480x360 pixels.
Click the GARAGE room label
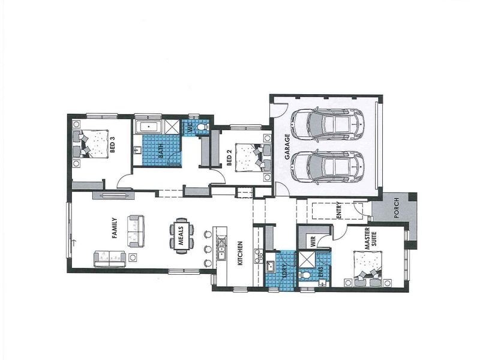[x=287, y=146]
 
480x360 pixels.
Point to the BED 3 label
[x=112, y=145]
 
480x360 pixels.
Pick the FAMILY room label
[x=114, y=228]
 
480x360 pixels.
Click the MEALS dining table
[x=182, y=235]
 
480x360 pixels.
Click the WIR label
[x=313, y=241]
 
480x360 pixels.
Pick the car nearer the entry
[x=327, y=166]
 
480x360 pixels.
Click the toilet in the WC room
[x=201, y=128]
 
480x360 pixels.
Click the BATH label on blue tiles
[x=160, y=150]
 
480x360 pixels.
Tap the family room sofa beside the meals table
[x=136, y=231]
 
